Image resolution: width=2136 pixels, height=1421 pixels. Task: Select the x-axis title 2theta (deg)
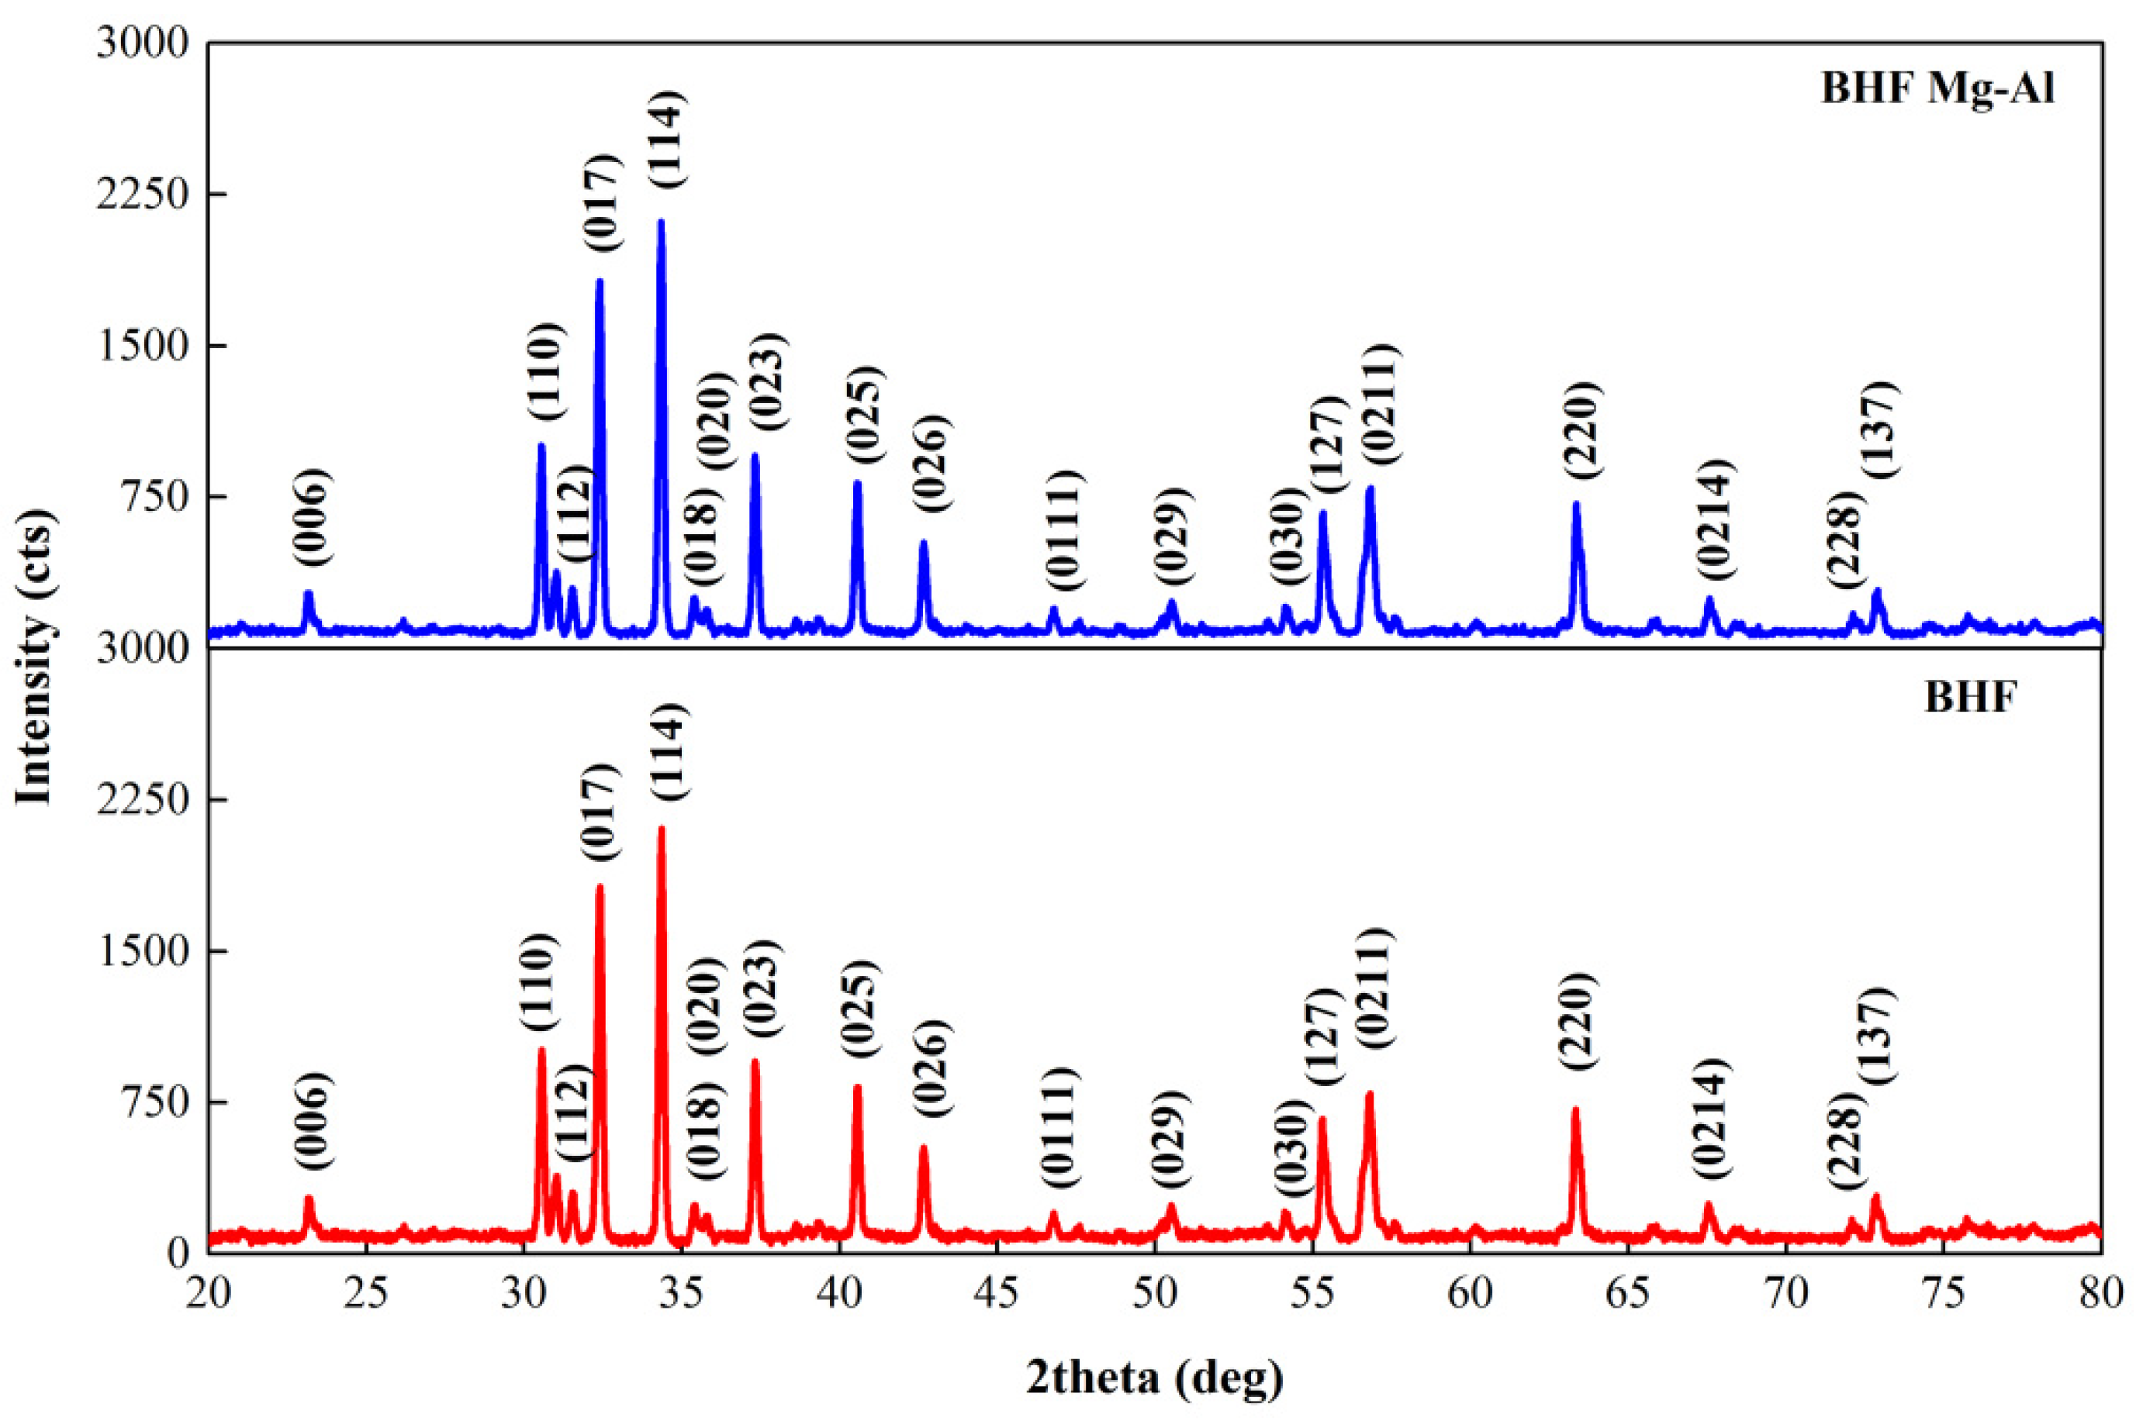(x=1155, y=1378)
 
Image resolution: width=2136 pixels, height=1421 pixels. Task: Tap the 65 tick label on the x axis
(x=1628, y=1294)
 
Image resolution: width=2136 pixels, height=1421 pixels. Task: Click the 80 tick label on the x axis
(x=2100, y=1294)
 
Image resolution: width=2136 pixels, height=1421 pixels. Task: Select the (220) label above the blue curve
(x=1583, y=430)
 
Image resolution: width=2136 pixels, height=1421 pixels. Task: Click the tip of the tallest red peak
(x=661, y=828)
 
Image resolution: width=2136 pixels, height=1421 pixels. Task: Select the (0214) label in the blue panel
(x=1713, y=519)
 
